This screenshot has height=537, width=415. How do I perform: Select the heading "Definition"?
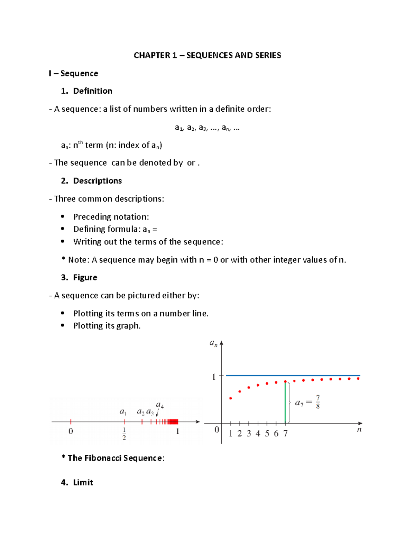[93, 91]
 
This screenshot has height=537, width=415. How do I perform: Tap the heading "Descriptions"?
[97, 181]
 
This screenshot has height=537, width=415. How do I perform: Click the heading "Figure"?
[85, 278]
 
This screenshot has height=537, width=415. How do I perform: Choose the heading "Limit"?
[83, 482]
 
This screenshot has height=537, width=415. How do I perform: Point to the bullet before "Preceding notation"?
[63, 216]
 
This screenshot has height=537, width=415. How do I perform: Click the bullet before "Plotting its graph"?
[63, 325]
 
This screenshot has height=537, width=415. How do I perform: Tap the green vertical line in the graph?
[285, 403]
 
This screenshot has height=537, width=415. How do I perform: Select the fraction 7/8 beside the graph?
[317, 402]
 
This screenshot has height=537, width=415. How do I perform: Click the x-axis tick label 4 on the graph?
[258, 434]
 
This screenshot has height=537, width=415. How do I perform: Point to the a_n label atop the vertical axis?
[213, 343]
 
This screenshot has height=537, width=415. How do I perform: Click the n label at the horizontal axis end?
[359, 430]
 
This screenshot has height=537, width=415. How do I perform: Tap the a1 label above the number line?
[123, 411]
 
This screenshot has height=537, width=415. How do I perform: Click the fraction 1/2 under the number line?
[124, 434]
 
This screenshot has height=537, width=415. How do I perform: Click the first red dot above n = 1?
[231, 398]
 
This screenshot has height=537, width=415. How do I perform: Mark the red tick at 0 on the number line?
[71, 422]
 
